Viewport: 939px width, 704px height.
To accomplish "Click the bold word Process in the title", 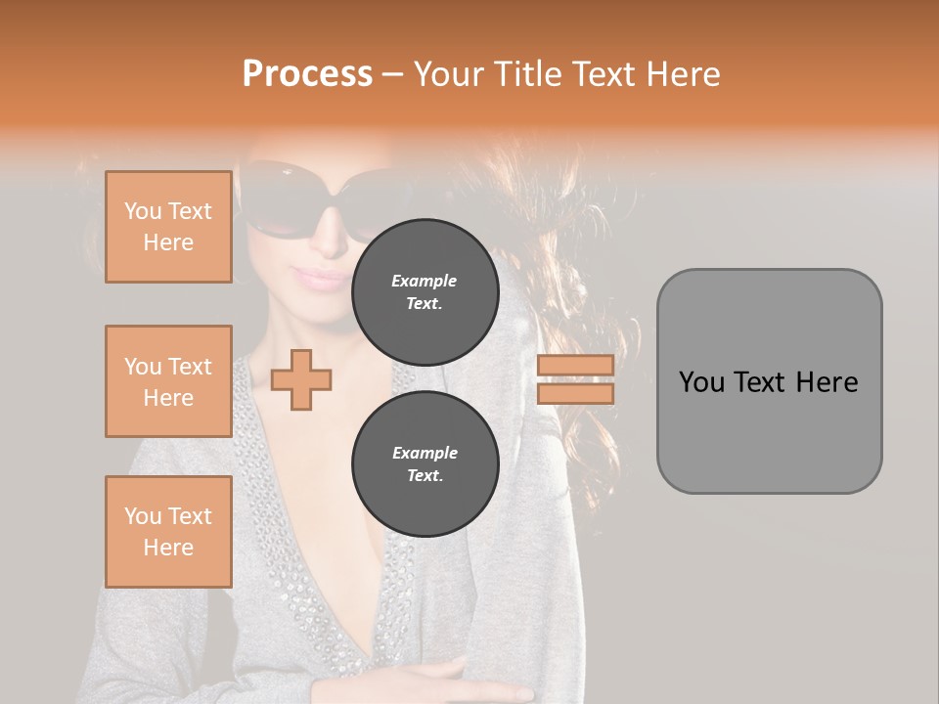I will click(307, 74).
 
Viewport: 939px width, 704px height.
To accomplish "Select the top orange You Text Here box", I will click(168, 227).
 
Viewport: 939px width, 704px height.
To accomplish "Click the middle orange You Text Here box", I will click(168, 381).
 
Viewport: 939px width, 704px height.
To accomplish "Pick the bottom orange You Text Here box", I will click(168, 532).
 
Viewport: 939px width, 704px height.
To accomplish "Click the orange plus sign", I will click(301, 380).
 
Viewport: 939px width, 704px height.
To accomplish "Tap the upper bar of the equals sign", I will click(575, 365).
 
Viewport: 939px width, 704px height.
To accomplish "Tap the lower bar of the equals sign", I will click(575, 394).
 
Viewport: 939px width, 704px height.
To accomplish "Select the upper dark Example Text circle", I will click(425, 291).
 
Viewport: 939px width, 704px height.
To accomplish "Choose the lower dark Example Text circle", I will click(425, 463).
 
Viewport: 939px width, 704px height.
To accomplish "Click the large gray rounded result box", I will click(769, 381).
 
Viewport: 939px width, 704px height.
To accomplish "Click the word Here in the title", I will click(682, 74).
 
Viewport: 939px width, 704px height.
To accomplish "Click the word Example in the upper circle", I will click(425, 281).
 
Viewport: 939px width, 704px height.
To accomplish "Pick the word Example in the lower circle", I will click(425, 453).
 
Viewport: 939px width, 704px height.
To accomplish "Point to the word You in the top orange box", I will click(143, 211).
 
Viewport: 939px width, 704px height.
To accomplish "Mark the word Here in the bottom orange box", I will click(168, 548).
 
